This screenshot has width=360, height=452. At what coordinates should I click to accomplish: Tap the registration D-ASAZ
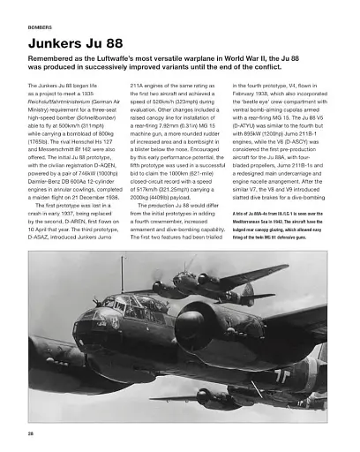[x=46, y=237]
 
